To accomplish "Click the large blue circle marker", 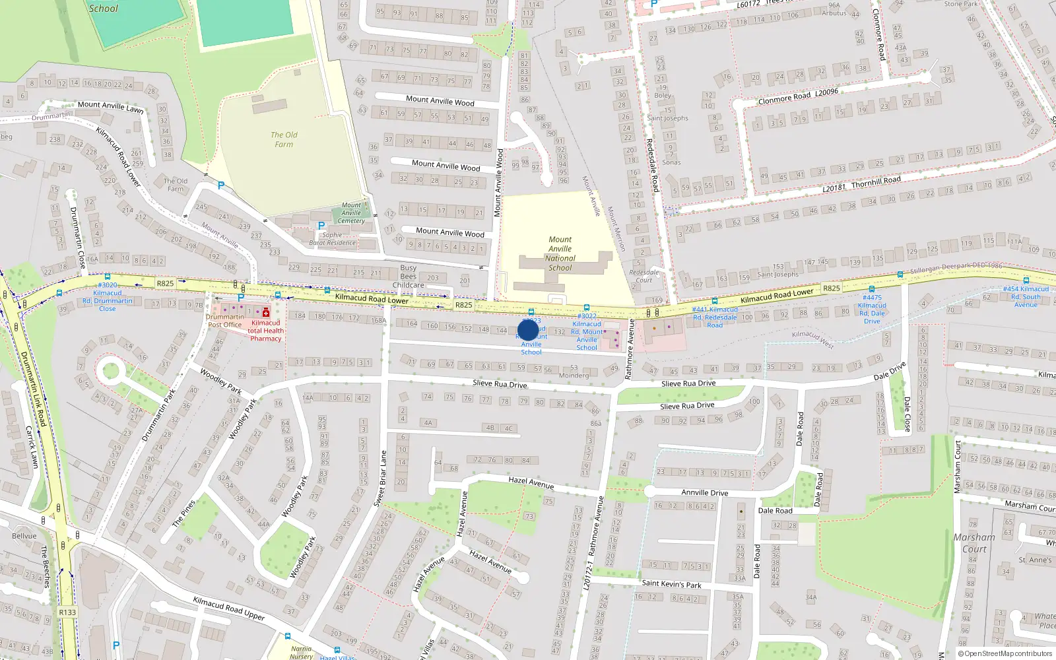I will pos(528,330).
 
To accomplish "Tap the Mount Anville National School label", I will pos(560,253).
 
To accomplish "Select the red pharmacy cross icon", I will pos(266,312).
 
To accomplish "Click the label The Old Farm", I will pos(284,139).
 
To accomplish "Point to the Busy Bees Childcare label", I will pos(408,277).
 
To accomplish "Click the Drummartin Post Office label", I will pos(225,321).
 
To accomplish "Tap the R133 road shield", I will pos(67,612).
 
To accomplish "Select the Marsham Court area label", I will pos(974,543).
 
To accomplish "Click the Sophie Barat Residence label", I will pos(332,239).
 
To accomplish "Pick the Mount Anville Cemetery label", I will pos(351,213).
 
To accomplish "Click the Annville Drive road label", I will pos(705,492).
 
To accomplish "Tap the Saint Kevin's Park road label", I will pos(671,583).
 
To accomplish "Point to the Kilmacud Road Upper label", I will pos(228,608).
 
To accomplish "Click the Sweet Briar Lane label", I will pos(380,478).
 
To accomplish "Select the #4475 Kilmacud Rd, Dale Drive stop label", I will pos(872,309).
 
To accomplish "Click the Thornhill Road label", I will pos(876,181).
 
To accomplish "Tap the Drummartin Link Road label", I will pos(33,389).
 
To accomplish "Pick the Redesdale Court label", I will pos(643,276).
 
